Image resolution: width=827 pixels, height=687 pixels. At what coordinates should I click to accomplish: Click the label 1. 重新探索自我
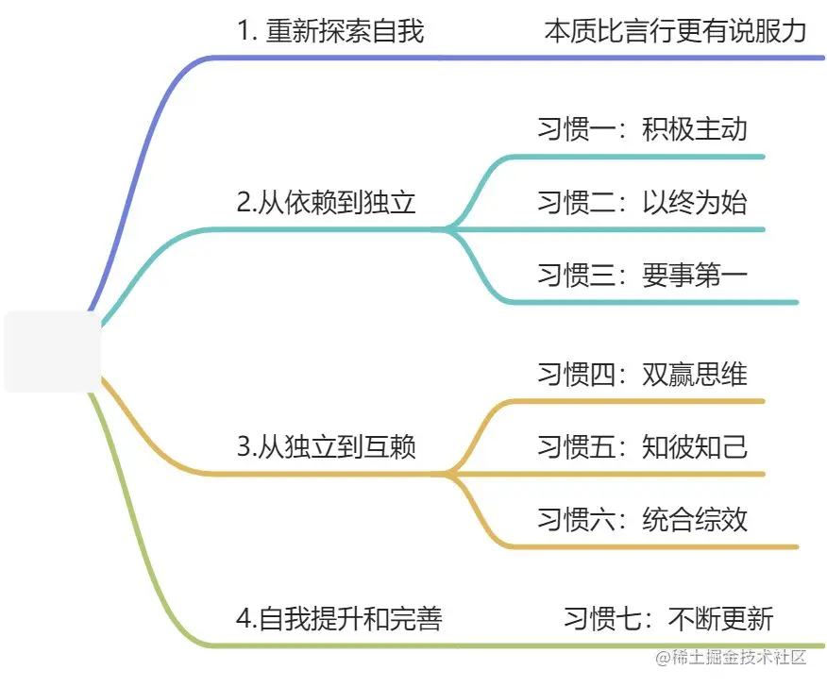click(x=330, y=31)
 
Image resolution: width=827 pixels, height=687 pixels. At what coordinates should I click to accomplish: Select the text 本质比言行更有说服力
click(x=675, y=31)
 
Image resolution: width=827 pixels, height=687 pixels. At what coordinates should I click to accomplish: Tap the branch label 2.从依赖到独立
click(x=326, y=203)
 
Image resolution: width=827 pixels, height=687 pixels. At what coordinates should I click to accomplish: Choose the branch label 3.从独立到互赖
click(x=326, y=447)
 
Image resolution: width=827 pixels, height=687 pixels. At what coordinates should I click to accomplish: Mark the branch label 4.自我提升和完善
click(x=339, y=619)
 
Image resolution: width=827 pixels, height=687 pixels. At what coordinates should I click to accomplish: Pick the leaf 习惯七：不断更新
click(x=668, y=619)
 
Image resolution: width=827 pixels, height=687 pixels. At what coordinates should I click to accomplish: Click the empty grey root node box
click(x=53, y=351)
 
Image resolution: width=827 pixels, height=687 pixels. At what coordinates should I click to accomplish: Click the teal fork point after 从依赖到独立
click(x=449, y=228)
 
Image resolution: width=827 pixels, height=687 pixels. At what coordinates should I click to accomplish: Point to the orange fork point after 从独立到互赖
click(x=449, y=473)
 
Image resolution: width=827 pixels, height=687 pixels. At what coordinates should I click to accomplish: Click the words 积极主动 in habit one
click(x=694, y=129)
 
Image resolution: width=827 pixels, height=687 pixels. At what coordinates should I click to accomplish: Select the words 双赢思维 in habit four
click(x=694, y=374)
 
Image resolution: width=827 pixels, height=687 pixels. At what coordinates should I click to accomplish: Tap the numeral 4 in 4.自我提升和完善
click(x=243, y=619)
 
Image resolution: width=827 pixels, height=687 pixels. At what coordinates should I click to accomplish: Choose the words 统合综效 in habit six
click(x=694, y=519)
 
